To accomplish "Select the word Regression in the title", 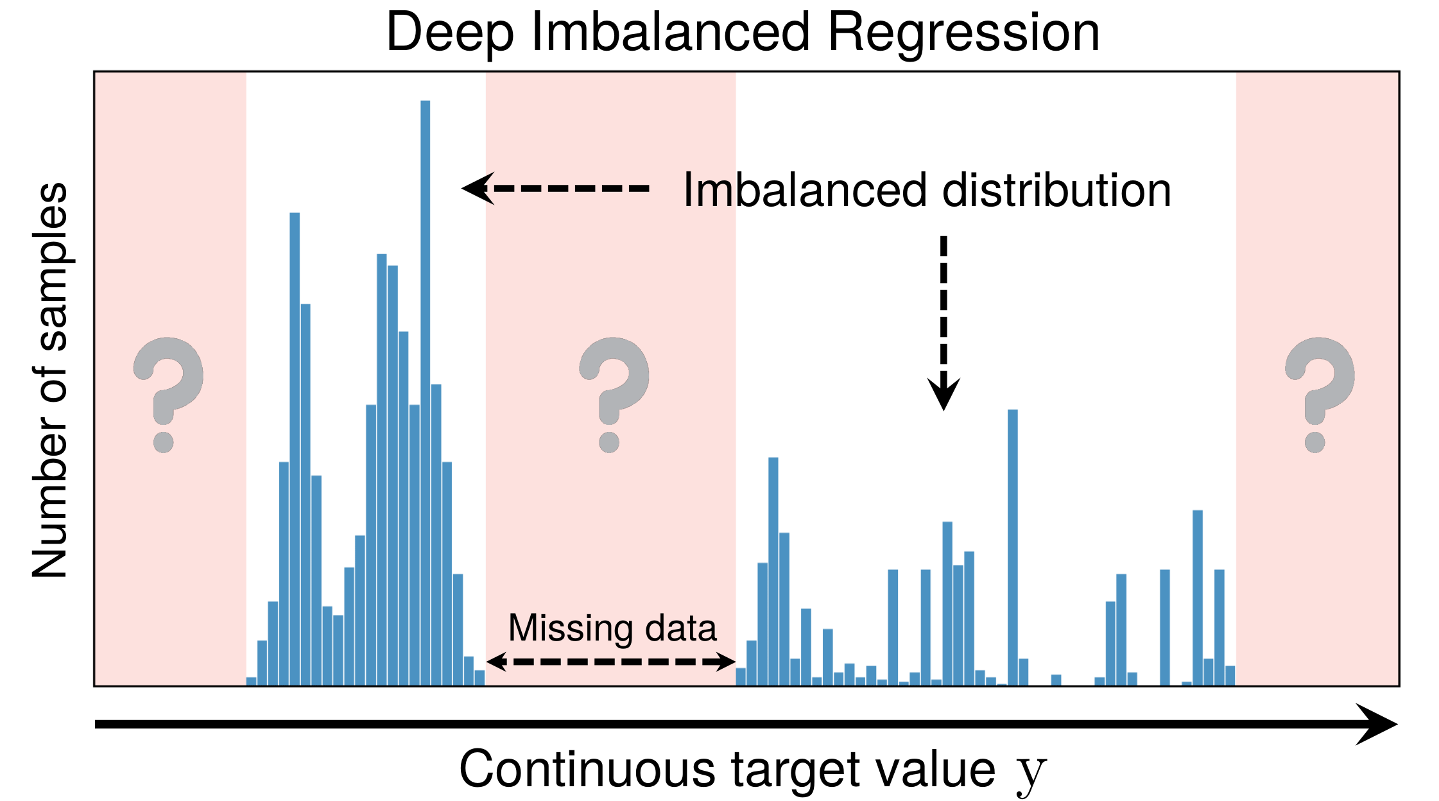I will [963, 33].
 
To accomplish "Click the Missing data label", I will [612, 628].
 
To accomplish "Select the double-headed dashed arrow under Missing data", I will [610, 662].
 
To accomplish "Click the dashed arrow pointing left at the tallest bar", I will [556, 189].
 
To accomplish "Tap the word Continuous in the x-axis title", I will [587, 769].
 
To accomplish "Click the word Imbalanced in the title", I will [671, 33].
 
